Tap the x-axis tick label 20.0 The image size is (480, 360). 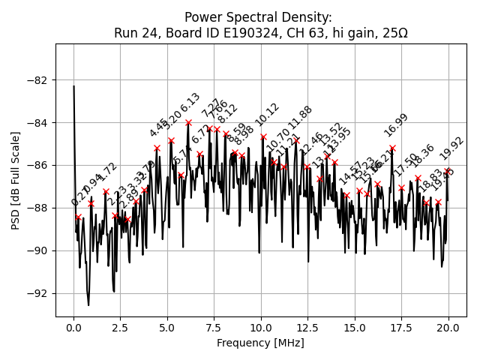coord(448,328)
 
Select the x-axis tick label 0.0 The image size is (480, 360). coord(73,328)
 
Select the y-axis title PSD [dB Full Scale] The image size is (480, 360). coord(16,179)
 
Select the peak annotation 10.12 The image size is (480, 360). coord(267,115)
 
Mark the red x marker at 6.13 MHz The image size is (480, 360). coord(188,122)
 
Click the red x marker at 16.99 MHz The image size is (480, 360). coord(392,148)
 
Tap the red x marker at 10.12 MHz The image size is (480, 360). coord(263,137)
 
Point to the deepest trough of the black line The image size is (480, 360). coord(88,305)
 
